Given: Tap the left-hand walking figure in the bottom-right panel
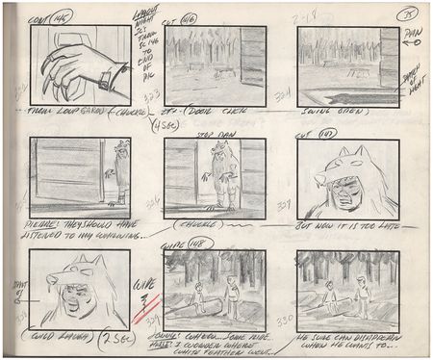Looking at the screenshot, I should point(329,296).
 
